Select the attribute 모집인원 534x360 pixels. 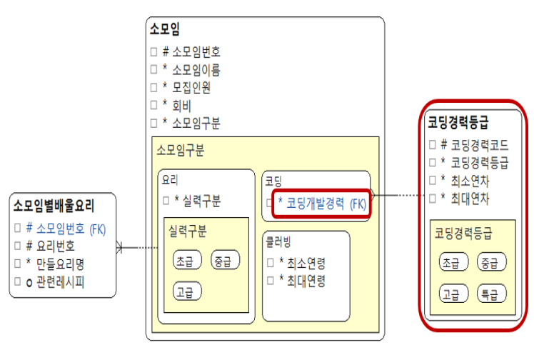tap(191, 87)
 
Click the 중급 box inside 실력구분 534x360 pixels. tap(226, 261)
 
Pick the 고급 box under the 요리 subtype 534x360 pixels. tap(188, 291)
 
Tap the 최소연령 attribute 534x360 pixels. tap(302, 262)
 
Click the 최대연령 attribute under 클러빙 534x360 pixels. tap(302, 281)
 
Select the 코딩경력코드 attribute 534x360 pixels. tap(475, 144)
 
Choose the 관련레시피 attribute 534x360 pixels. tap(59, 281)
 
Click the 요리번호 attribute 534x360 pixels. tap(54, 246)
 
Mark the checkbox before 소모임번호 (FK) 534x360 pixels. tap(17, 229)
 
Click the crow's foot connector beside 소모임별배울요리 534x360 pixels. tap(121, 248)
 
